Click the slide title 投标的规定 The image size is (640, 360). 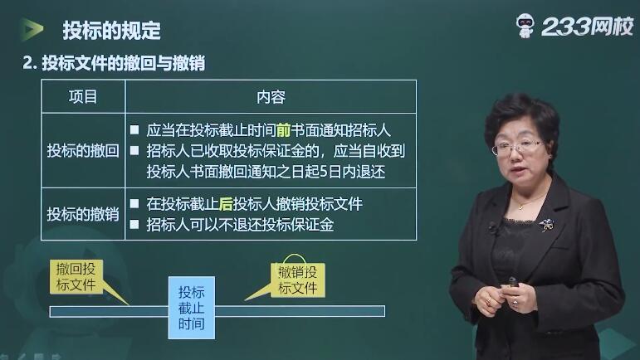(111, 31)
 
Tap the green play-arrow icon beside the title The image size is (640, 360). (32, 29)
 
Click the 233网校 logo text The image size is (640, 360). (587, 27)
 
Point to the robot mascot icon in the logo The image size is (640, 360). (525, 26)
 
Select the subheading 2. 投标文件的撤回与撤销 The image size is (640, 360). (114, 63)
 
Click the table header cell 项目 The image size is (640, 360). (83, 96)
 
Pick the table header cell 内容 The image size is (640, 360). (271, 97)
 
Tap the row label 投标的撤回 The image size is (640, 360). (83, 151)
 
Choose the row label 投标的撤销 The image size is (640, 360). (83, 214)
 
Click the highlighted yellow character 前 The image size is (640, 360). (283, 130)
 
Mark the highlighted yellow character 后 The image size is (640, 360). (226, 204)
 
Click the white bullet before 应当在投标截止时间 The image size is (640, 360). (134, 130)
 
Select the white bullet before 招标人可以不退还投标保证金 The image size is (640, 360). (134, 224)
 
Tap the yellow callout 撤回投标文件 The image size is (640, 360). (76, 277)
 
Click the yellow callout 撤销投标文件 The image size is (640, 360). (297, 280)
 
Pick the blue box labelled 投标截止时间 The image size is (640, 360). (192, 308)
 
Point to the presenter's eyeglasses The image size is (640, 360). (517, 147)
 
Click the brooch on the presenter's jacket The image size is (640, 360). (545, 225)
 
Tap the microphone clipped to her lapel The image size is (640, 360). (492, 228)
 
